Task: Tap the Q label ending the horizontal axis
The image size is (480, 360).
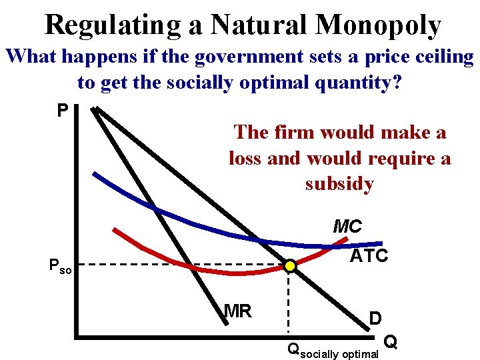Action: (x=392, y=342)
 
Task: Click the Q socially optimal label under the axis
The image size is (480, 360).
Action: (x=332, y=349)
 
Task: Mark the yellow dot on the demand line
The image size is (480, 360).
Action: (x=290, y=266)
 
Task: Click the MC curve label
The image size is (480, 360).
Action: (x=347, y=227)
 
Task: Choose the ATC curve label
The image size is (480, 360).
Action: (x=369, y=256)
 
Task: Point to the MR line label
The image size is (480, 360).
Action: (x=237, y=311)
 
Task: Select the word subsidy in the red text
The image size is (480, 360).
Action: (x=339, y=184)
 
